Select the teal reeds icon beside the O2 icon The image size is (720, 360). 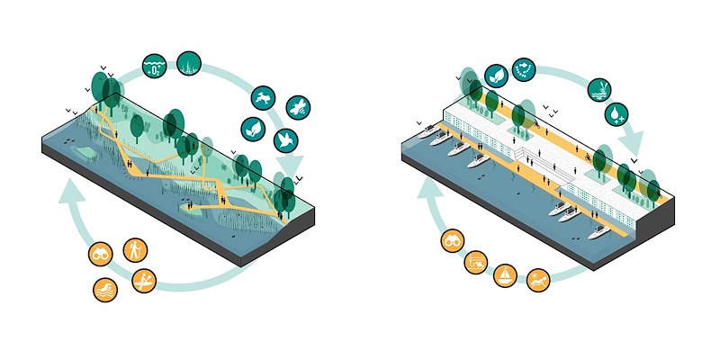pyautogui.click(x=189, y=64)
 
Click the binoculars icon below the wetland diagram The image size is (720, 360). pyautogui.click(x=100, y=255)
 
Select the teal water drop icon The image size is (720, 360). pyautogui.click(x=615, y=114)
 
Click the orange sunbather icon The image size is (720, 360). pyautogui.click(x=476, y=262)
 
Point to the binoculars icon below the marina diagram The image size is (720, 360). pyautogui.click(x=453, y=242)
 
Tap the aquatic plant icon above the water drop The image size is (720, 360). pyautogui.click(x=598, y=88)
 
